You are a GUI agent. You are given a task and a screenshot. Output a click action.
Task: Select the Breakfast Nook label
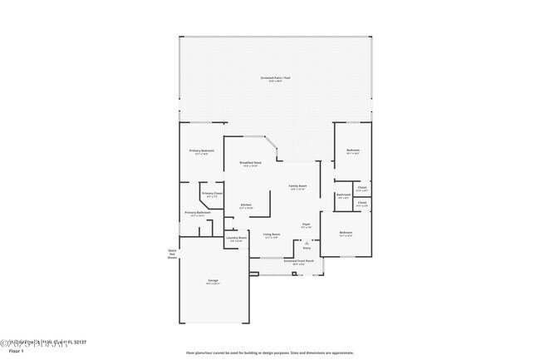(x=250, y=163)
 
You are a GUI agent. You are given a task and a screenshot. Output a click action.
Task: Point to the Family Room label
(x=297, y=186)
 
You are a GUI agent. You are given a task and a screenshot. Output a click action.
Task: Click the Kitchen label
(x=246, y=205)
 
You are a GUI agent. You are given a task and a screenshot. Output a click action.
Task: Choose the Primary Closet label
(x=212, y=194)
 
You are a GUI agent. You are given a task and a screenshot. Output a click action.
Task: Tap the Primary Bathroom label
(x=197, y=213)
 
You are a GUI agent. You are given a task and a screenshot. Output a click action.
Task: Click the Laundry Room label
(x=237, y=239)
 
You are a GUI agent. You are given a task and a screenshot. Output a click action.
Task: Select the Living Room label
(x=271, y=234)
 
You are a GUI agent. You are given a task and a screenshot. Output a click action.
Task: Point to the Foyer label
(x=306, y=224)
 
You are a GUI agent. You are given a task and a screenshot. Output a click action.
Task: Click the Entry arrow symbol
(x=306, y=242)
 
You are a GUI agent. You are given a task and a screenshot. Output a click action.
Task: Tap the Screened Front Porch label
(x=297, y=261)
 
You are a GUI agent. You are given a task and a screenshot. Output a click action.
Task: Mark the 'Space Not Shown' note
(x=173, y=254)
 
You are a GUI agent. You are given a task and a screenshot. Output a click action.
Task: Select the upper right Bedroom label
(x=352, y=150)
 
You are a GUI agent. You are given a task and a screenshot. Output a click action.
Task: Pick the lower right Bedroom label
(x=346, y=233)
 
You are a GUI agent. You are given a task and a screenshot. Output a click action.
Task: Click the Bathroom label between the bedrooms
(x=343, y=195)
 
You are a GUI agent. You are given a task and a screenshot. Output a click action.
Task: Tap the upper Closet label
(x=361, y=187)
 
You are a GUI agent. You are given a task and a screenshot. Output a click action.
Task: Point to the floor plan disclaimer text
(x=269, y=353)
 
